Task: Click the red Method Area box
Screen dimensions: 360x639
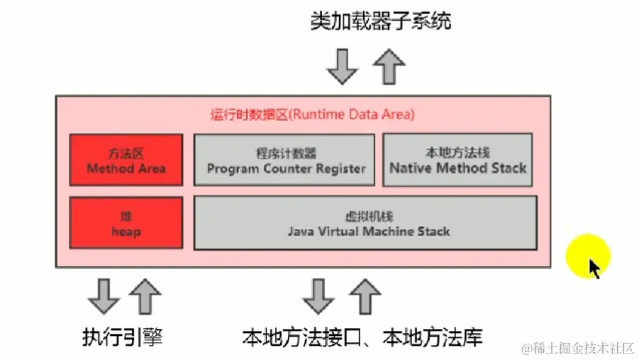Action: (126, 159)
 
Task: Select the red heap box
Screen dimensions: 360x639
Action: (126, 223)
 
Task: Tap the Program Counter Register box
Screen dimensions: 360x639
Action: (284, 160)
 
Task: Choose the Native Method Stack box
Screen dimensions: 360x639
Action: (457, 160)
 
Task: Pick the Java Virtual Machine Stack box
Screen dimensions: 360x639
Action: (365, 223)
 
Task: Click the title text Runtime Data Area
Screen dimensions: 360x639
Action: (312, 113)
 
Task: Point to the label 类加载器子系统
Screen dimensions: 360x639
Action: (380, 21)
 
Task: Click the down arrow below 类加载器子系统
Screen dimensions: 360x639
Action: (343, 66)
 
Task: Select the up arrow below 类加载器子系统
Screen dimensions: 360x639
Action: (388, 66)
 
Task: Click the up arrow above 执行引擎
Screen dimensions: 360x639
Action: (145, 296)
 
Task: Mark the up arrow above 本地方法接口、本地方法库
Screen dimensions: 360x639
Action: (365, 296)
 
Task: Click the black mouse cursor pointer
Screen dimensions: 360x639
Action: (594, 269)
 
